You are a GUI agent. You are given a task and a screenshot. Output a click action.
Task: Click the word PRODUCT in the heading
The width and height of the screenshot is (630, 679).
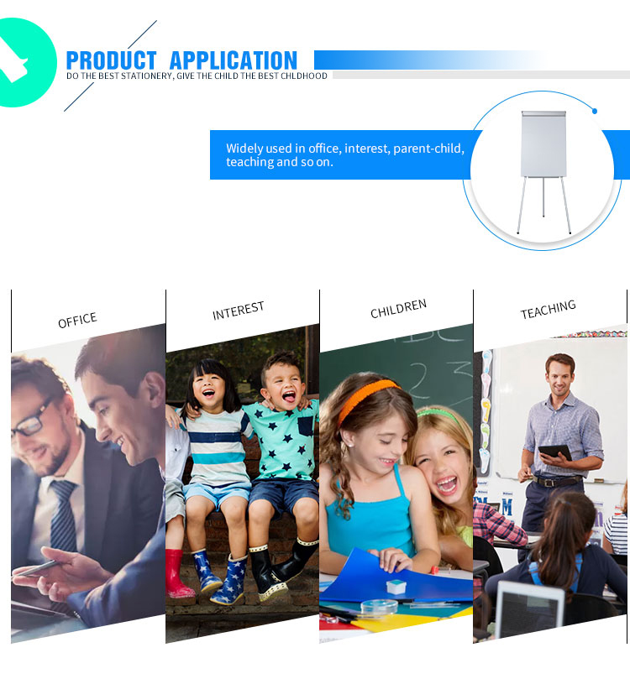[x=111, y=60]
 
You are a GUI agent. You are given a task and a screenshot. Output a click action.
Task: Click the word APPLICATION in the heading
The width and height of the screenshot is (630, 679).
[x=234, y=60]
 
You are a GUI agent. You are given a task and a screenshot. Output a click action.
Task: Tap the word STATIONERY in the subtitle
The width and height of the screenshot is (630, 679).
[x=146, y=76]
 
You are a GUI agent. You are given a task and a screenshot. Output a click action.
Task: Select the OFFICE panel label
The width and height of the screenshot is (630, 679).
[x=77, y=320]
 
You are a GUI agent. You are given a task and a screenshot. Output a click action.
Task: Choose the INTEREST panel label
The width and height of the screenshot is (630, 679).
[x=239, y=310]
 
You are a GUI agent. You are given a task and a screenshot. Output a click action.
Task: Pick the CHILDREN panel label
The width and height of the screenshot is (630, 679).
[x=399, y=308]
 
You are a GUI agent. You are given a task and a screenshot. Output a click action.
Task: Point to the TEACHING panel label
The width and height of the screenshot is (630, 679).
[x=549, y=309]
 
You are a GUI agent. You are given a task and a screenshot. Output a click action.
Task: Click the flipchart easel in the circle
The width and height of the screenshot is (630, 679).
[x=543, y=172]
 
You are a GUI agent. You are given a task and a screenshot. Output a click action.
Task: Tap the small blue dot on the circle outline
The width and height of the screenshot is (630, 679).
[x=595, y=112]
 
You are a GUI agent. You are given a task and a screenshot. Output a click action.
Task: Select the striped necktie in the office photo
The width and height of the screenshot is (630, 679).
[x=63, y=515]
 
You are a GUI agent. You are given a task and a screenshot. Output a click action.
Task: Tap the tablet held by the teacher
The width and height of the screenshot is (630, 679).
[x=555, y=452]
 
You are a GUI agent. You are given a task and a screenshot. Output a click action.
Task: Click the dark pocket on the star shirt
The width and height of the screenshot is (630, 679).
[x=306, y=426]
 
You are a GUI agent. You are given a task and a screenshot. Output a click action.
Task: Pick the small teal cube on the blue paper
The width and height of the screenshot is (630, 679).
[x=396, y=587]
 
